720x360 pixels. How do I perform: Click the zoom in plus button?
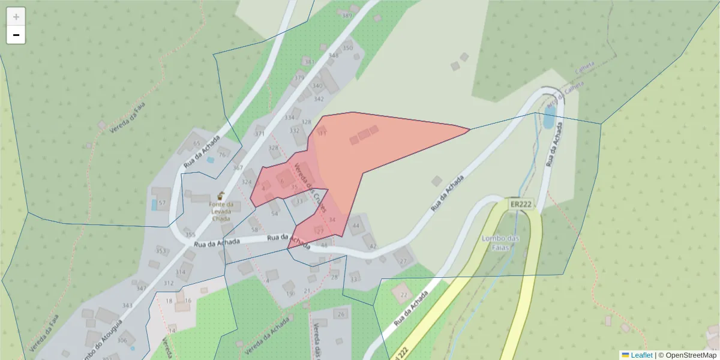click(16, 17)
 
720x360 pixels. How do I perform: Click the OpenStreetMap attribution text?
click(691, 355)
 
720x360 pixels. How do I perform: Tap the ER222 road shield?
click(521, 204)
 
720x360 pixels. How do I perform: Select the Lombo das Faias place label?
click(500, 243)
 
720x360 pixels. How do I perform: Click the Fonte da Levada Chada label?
click(221, 211)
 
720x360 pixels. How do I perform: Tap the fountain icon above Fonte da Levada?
click(221, 196)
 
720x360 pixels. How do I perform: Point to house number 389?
click(347, 16)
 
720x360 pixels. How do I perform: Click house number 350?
click(348, 48)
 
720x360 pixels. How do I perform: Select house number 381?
click(309, 62)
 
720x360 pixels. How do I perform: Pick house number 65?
click(196, 143)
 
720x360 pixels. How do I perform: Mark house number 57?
click(162, 203)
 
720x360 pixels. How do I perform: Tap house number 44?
click(356, 226)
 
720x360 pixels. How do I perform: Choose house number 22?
click(403, 295)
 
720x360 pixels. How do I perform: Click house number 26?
click(341, 314)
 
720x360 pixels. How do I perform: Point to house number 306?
click(122, 340)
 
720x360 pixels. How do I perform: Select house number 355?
click(190, 235)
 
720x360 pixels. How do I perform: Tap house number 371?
click(260, 134)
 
